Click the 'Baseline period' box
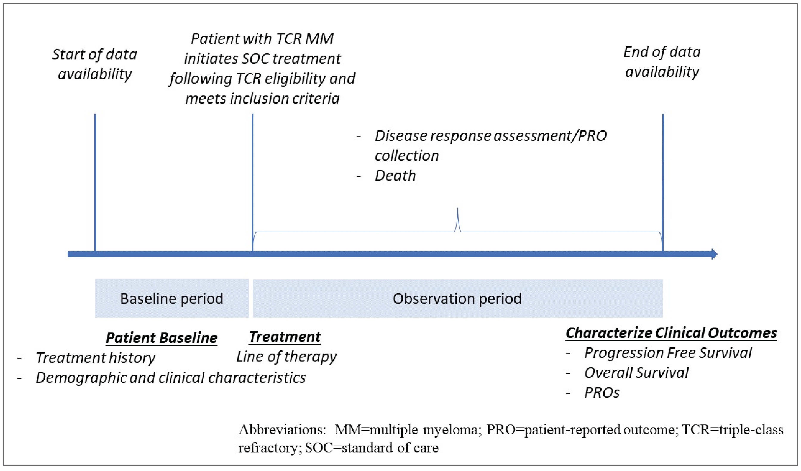172,299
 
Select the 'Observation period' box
457,299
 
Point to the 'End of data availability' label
662,62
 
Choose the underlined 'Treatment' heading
285,337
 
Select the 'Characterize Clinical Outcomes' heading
671,333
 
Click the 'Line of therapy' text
286,357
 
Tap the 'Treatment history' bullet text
95,358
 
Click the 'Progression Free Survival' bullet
668,353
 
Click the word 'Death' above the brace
395,176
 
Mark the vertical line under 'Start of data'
95,181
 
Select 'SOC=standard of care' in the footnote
372,448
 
